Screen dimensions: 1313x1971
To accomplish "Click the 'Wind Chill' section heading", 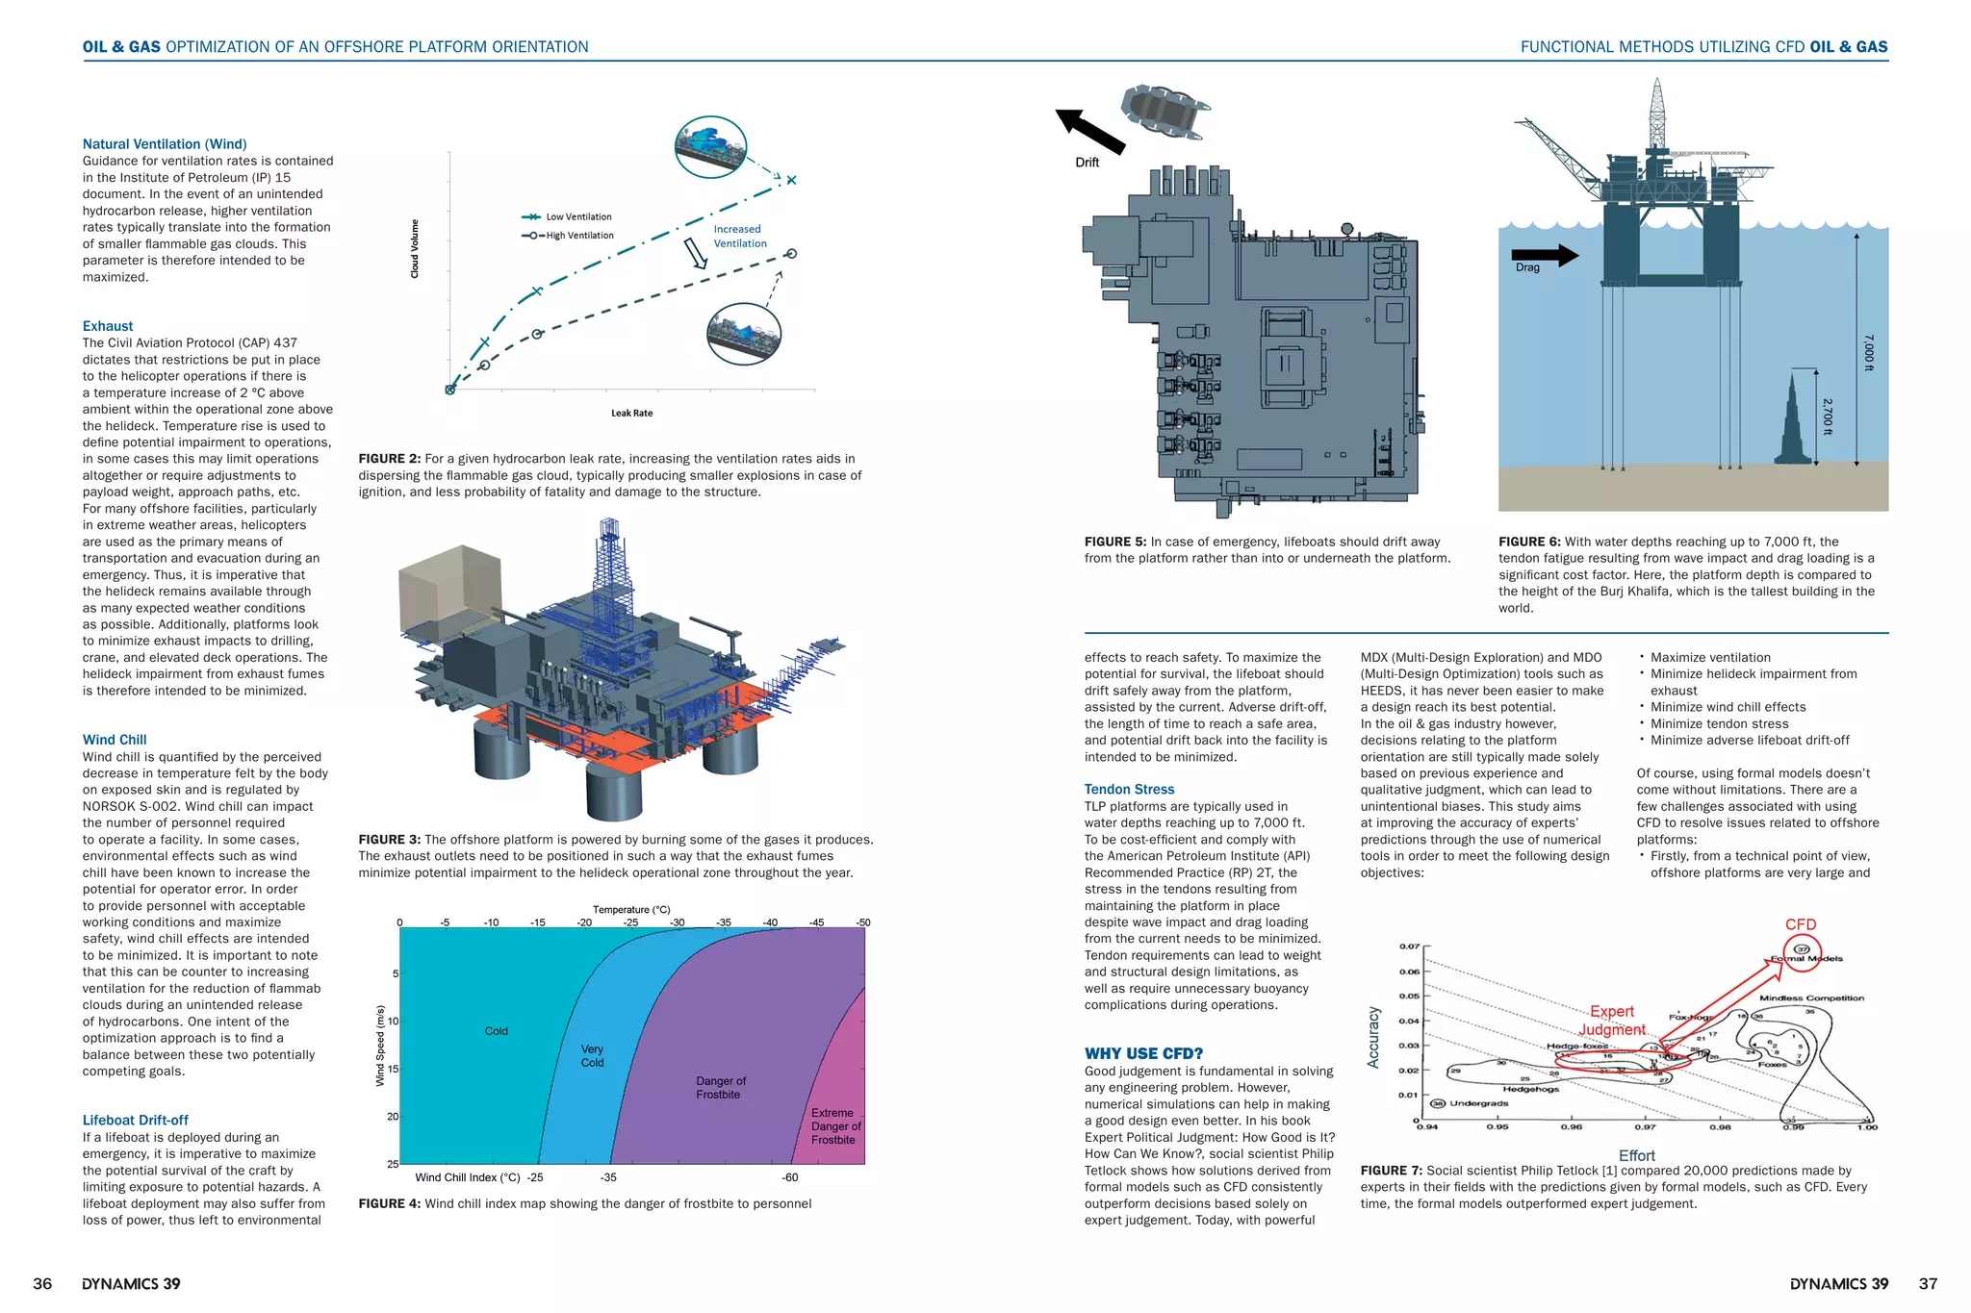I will (115, 740).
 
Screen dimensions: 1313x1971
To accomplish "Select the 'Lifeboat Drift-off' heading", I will (135, 1120).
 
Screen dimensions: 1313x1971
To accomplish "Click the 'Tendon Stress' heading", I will (1129, 789).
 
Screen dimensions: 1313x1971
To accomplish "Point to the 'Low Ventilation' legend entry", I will (577, 217).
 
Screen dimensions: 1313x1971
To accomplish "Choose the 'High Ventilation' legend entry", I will (578, 236).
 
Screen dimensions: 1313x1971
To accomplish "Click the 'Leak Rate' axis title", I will (631, 414).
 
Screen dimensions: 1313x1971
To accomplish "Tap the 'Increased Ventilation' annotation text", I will (739, 237).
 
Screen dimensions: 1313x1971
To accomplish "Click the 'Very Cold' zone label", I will (592, 1056).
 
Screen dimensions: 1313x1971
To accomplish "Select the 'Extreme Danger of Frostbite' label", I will (834, 1126).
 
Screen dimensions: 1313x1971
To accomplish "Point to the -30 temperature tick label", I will (678, 922).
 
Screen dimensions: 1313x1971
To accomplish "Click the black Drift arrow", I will (1091, 132).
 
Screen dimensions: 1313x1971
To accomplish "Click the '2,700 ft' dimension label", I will (1828, 416).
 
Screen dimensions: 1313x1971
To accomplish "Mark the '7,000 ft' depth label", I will (1868, 352).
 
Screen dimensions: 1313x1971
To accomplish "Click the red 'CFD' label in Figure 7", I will (1801, 924).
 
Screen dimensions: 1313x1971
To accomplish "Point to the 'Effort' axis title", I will (1636, 1155).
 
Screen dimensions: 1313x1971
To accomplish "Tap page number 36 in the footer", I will (43, 1284).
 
